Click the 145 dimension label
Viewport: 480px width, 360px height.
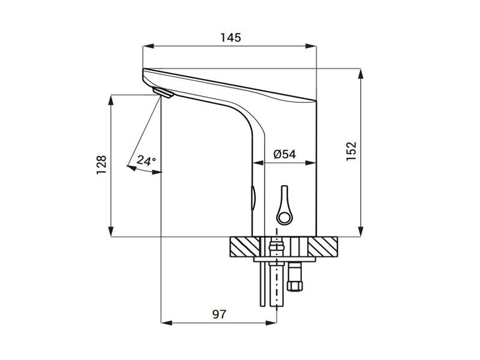point(231,37)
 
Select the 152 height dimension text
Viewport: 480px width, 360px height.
point(352,151)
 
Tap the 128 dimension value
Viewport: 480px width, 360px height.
point(101,165)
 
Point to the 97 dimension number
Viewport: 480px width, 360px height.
point(219,314)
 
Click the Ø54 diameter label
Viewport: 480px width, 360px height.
point(284,154)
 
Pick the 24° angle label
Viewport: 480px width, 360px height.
point(146,160)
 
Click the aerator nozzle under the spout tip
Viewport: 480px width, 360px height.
point(163,92)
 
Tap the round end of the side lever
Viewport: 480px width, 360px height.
point(284,217)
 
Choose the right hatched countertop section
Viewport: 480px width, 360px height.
point(323,247)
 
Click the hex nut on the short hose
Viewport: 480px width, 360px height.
point(295,286)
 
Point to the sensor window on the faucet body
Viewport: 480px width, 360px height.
point(253,198)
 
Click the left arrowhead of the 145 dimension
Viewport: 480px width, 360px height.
point(148,46)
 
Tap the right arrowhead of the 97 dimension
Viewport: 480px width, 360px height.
point(271,323)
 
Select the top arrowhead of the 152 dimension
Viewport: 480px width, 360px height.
point(361,74)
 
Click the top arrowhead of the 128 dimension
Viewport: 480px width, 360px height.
point(111,100)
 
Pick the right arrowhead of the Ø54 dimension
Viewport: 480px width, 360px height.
point(311,163)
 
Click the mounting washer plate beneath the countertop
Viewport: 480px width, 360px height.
point(284,259)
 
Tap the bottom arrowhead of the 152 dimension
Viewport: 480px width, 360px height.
point(361,232)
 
